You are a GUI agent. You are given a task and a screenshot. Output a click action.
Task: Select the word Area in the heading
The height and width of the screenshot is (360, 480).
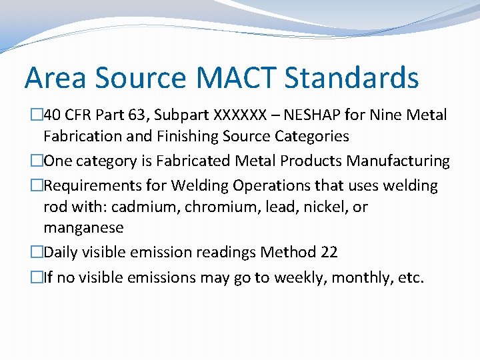[x=56, y=78]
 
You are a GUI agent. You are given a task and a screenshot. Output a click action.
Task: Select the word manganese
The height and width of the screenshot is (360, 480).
[x=83, y=228]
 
